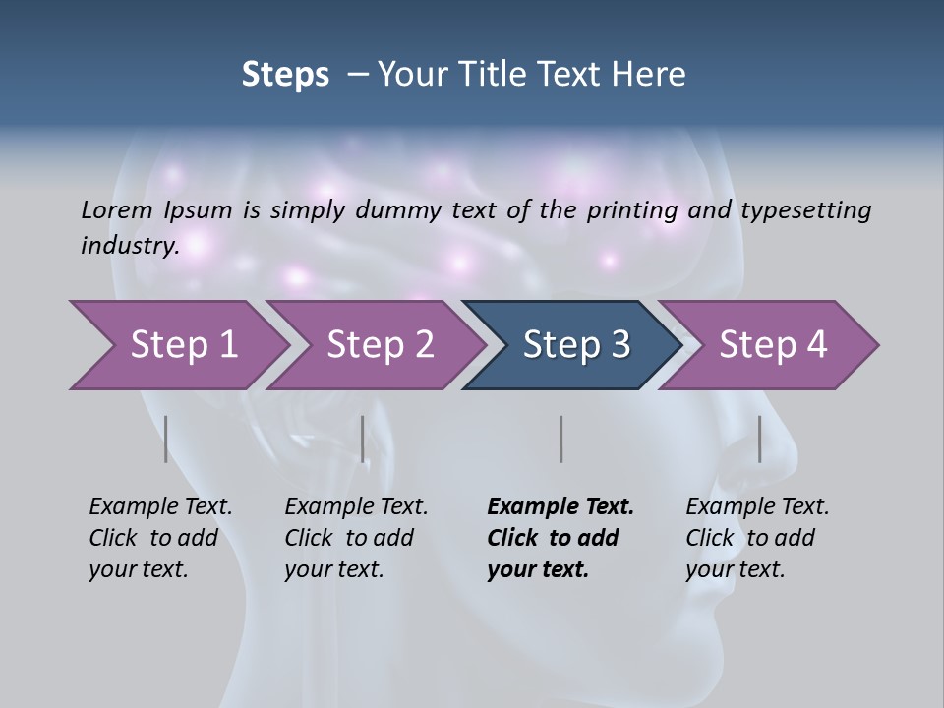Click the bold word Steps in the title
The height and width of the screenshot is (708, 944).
[x=285, y=75]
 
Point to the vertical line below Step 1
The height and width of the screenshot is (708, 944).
[x=166, y=439]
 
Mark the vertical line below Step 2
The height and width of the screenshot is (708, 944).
[x=363, y=439]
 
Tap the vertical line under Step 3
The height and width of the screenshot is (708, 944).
[x=560, y=439]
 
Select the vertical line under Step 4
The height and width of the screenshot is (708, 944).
[x=759, y=439]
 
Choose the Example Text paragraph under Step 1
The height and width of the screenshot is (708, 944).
[x=160, y=538]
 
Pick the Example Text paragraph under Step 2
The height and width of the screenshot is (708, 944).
[x=356, y=538]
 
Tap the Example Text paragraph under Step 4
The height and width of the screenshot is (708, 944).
[x=757, y=538]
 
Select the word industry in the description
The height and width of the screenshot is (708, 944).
[x=129, y=245]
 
